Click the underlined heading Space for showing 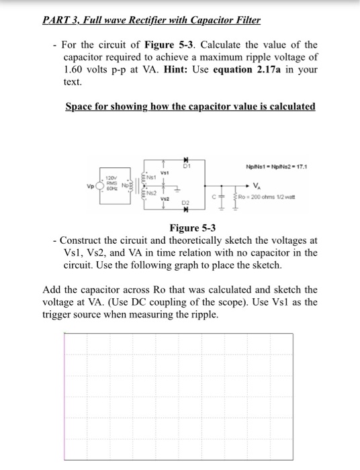point(111,107)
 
